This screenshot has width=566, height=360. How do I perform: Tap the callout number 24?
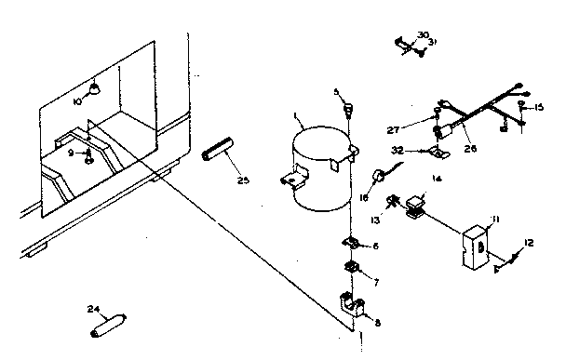pos(93,309)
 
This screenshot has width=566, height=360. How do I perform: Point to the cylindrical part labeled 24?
pos(109,327)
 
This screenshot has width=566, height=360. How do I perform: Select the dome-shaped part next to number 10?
pos(94,89)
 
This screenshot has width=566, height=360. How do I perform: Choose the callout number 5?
pos(336,91)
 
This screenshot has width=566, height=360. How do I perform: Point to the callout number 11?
pos(496,219)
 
